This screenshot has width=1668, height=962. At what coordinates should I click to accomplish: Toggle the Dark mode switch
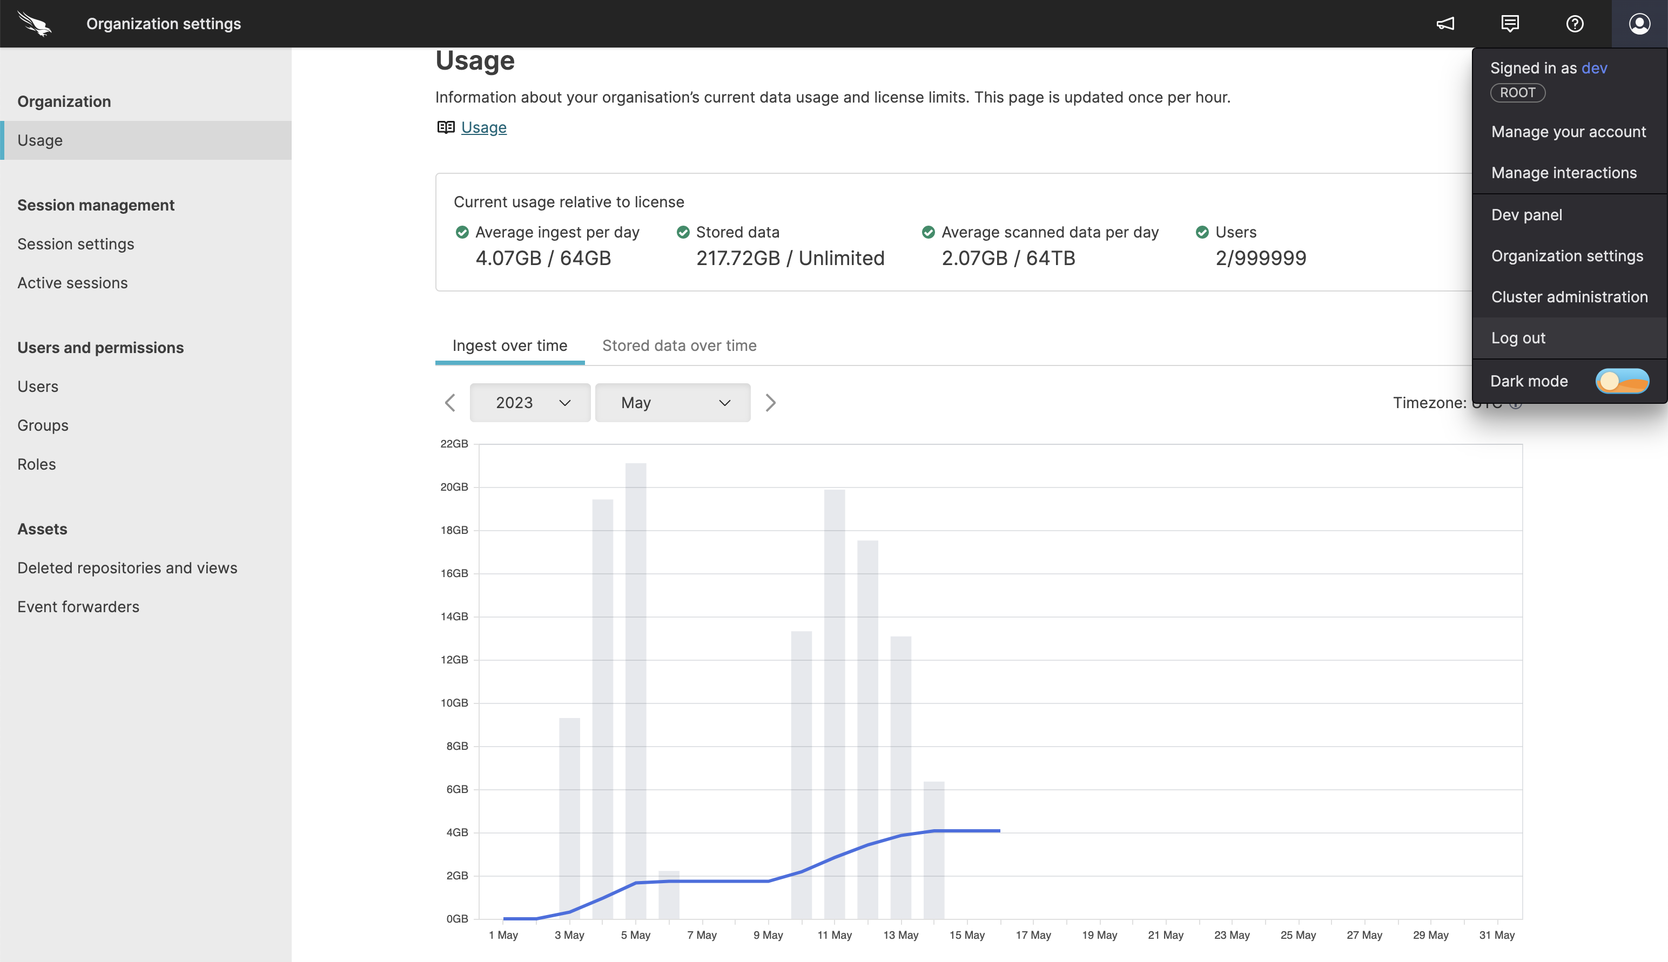(1622, 381)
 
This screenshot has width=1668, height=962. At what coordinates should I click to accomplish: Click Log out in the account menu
(1518, 338)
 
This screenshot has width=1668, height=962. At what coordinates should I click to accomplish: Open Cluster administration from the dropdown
(1569, 297)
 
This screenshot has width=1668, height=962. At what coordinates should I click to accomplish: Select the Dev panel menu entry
(1526, 215)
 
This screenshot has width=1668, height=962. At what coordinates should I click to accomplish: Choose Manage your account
(1568, 132)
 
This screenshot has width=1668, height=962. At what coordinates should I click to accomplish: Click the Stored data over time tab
(679, 345)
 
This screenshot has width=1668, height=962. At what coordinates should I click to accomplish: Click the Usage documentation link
(483, 127)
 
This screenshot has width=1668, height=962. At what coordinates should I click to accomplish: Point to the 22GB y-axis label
(454, 444)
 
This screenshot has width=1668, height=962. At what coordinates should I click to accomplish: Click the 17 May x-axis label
(1033, 935)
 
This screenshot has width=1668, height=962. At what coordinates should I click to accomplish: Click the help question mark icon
(1575, 24)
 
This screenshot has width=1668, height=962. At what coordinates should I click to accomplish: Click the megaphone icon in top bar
(1445, 24)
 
